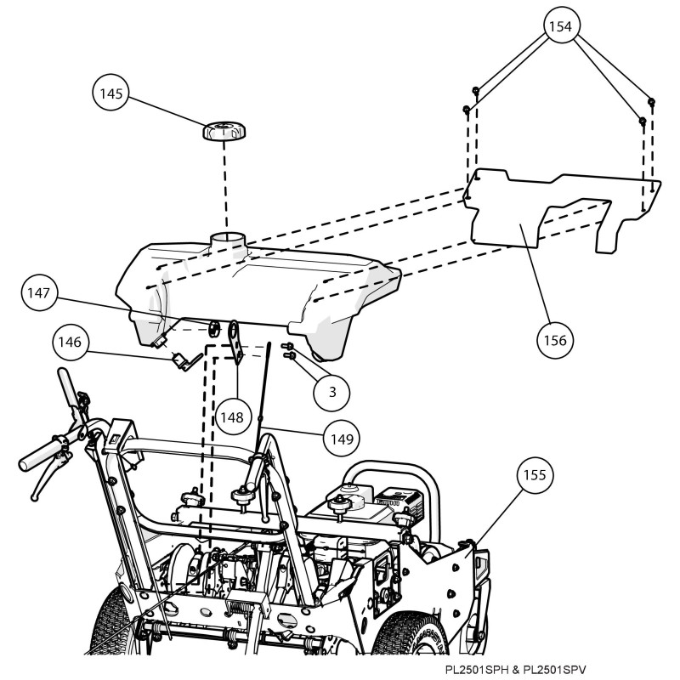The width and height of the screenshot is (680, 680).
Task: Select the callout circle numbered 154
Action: click(559, 26)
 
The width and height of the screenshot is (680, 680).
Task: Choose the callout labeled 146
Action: click(71, 343)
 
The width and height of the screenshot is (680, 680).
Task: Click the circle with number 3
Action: click(332, 391)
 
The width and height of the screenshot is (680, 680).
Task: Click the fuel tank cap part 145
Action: click(224, 132)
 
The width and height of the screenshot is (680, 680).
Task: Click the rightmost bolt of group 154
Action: click(651, 102)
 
